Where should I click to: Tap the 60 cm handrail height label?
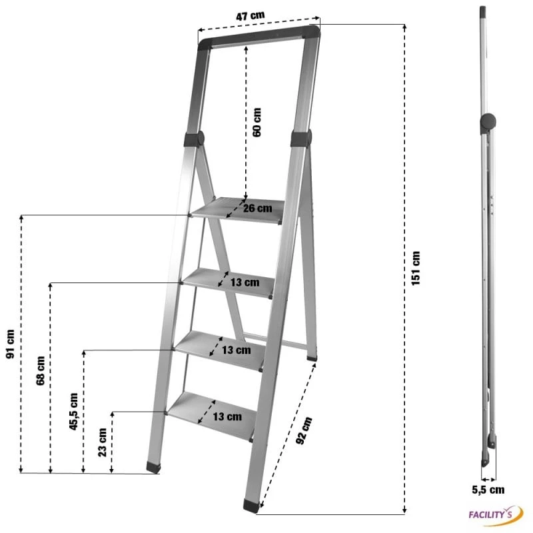(256, 122)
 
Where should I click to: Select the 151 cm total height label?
(416, 268)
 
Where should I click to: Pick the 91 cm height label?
(10, 344)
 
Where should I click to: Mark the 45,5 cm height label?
(73, 412)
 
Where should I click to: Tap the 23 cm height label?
(102, 440)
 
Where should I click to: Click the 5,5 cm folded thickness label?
(488, 490)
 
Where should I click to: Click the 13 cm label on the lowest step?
(227, 417)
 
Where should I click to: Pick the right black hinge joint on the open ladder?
(301, 138)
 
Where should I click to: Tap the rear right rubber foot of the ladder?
(312, 356)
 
